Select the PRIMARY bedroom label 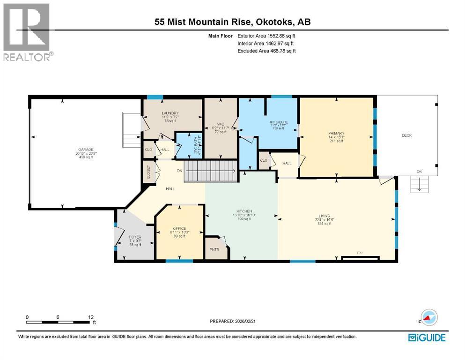(336, 133)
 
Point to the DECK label (406, 135)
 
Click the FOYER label (135, 237)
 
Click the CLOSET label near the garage (148, 172)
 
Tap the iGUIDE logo (426, 337)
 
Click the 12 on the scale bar (90, 317)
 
